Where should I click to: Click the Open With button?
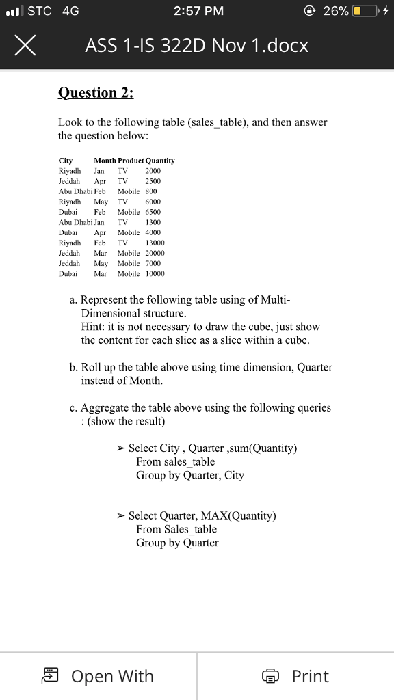pos(98,676)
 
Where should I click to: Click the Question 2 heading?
pos(96,92)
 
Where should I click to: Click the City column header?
pos(66,161)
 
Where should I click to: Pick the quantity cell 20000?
pos(155,253)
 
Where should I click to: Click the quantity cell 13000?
pos(155,243)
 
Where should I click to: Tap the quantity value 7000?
pos(153,263)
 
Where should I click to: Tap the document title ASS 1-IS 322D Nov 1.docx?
pos(197,46)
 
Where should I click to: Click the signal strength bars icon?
pos(14,11)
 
